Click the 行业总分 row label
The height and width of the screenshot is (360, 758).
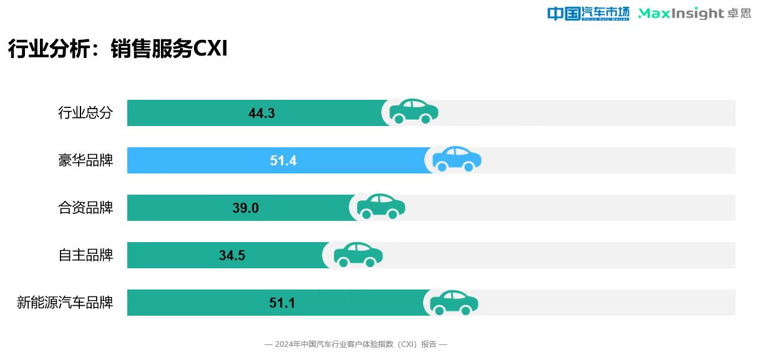pyautogui.click(x=85, y=113)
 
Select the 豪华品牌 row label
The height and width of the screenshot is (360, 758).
pyautogui.click(x=85, y=160)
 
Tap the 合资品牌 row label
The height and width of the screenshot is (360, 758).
pyautogui.click(x=85, y=208)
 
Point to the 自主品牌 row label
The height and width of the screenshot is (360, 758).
pyautogui.click(x=85, y=255)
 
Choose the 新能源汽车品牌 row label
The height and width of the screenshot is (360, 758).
pyautogui.click(x=65, y=303)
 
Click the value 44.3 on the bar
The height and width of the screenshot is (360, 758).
pyautogui.click(x=261, y=114)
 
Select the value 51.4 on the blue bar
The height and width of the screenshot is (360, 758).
pyautogui.click(x=283, y=161)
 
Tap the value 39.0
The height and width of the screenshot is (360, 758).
pyautogui.click(x=245, y=208)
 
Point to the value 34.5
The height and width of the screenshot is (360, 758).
pyautogui.click(x=232, y=256)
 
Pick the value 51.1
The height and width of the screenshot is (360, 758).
pyautogui.click(x=282, y=303)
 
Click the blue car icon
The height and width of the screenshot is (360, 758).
pyautogui.click(x=457, y=159)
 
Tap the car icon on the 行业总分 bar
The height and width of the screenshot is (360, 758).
pyautogui.click(x=414, y=112)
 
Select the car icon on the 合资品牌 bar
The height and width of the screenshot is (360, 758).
pyautogui.click(x=381, y=207)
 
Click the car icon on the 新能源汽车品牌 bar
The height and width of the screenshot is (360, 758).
pyautogui.click(x=454, y=302)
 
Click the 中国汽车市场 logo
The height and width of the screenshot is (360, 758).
pyautogui.click(x=588, y=14)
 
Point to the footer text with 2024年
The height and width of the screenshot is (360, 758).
pyautogui.click(x=356, y=344)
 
